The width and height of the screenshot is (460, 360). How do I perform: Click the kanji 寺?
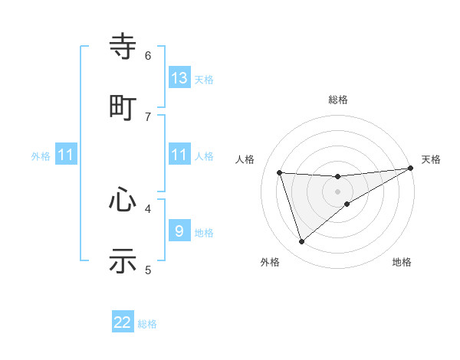click(x=123, y=47)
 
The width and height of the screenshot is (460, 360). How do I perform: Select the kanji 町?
click(x=123, y=107)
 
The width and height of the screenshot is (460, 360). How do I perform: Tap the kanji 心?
click(x=123, y=200)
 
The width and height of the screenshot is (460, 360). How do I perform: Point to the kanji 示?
click(x=123, y=260)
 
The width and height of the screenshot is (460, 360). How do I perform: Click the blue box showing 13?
click(x=179, y=78)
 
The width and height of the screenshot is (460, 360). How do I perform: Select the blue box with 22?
click(x=123, y=322)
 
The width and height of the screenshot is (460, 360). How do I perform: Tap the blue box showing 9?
click(x=179, y=231)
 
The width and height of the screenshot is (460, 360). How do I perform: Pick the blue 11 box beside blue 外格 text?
click(x=66, y=155)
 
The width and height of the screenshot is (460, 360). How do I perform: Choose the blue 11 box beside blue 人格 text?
click(x=179, y=155)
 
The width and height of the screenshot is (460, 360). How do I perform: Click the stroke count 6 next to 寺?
click(x=148, y=55)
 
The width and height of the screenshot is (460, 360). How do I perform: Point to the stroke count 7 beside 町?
click(x=148, y=116)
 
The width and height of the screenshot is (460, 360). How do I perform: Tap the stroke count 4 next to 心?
click(x=148, y=208)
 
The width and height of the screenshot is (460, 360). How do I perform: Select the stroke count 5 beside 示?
click(x=148, y=269)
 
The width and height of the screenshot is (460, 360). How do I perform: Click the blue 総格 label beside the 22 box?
click(x=147, y=324)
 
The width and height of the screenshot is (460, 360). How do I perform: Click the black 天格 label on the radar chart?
click(x=431, y=159)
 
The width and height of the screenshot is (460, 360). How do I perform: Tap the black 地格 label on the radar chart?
click(x=402, y=262)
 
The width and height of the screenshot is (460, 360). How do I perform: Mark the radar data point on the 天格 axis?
click(x=410, y=169)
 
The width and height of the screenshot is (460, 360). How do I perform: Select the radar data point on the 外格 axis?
click(x=301, y=242)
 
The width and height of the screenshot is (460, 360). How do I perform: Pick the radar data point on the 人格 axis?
click(x=280, y=173)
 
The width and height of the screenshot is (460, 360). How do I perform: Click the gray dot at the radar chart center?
click(x=338, y=191)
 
